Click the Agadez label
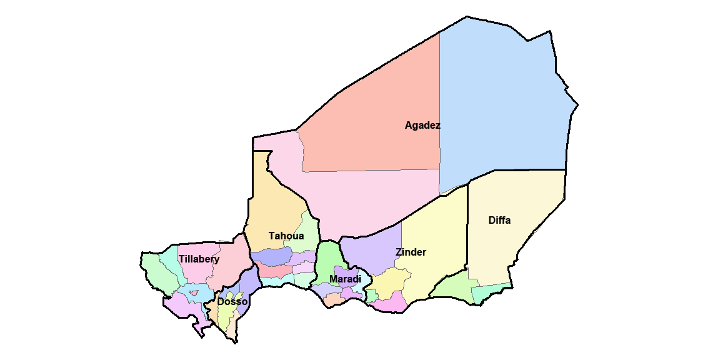pyautogui.click(x=422, y=126)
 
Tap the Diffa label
pyautogui.click(x=499, y=221)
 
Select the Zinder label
pyautogui.click(x=411, y=252)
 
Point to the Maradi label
pyautogui.click(x=345, y=279)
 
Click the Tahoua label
pyautogui.click(x=286, y=236)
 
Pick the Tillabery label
pyautogui.click(x=199, y=259)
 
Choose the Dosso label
pyautogui.click(x=232, y=302)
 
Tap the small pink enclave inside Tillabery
pyautogui.click(x=194, y=292)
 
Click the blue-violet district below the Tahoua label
pyautogui.click(x=272, y=256)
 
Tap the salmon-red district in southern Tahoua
pyautogui.click(x=275, y=271)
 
